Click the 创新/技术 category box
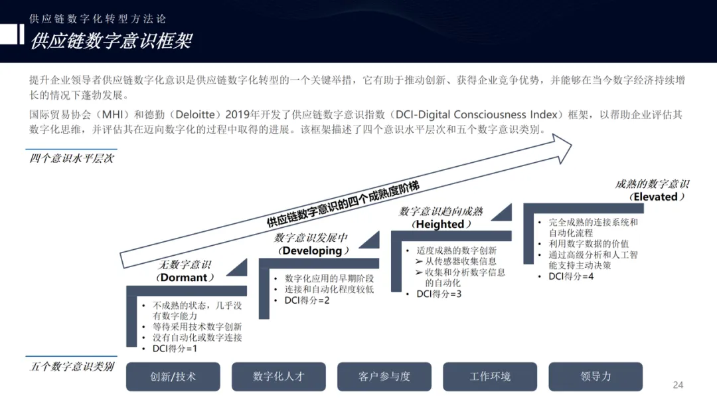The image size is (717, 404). tap(173, 376)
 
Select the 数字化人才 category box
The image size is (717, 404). tap(278, 376)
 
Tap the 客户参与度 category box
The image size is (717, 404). tap(384, 376)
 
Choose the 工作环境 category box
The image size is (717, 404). tap(490, 376)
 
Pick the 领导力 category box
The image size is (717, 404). tap(596, 376)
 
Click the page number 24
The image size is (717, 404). tap(678, 385)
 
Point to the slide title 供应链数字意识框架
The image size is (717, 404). tap(111, 41)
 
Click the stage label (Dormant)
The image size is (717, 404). tap(185, 277)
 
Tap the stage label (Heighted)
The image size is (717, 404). tap(440, 224)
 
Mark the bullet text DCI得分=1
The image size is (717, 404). tap(175, 348)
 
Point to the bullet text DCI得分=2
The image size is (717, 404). tap(307, 300)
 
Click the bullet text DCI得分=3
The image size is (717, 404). tap(439, 294)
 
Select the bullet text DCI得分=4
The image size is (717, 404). tap(571, 276)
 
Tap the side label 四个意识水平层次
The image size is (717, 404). tap(72, 158)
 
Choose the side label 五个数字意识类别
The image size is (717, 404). tap(72, 366)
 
